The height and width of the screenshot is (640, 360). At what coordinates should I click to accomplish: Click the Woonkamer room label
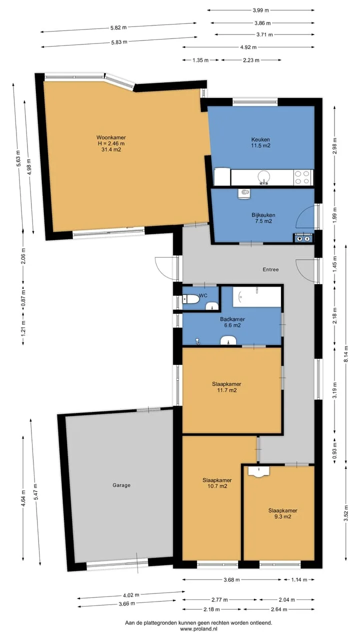[x=111, y=137]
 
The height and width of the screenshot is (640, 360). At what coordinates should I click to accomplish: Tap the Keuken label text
[x=260, y=139]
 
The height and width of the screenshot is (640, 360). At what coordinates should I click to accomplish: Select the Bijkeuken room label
[x=263, y=215]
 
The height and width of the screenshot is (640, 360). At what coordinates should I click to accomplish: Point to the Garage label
[x=121, y=485]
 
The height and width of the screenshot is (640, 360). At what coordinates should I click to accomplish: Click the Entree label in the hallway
[x=270, y=269]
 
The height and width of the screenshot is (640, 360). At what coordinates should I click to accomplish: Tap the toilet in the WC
[x=191, y=299]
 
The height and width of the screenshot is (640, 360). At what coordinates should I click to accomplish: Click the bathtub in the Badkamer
[x=257, y=297]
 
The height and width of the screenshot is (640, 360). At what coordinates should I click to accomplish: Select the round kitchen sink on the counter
[x=263, y=177]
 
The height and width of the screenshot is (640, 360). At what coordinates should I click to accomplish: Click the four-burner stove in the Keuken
[x=303, y=177]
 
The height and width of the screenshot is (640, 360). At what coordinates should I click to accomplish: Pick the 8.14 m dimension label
[x=346, y=354]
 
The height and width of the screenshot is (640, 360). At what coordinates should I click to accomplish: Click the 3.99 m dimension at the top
[x=260, y=10]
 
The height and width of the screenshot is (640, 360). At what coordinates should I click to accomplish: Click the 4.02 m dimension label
[x=131, y=595]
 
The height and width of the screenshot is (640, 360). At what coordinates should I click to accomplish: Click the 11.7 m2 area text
[x=227, y=390]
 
